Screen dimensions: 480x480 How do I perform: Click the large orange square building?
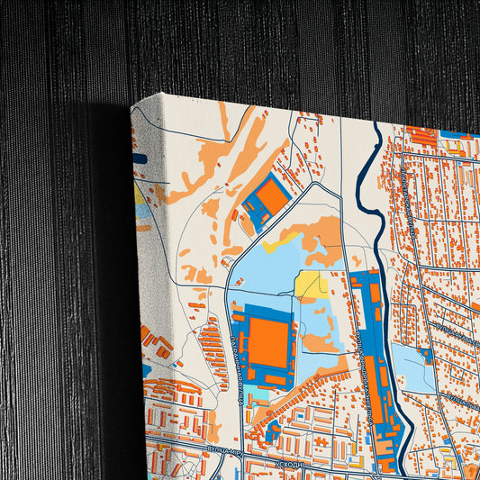pyautogui.click(x=267, y=342)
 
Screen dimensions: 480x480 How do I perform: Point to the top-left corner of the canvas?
pyautogui.click(x=131, y=105)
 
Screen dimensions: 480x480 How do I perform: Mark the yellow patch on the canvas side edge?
pyautogui.click(x=140, y=194)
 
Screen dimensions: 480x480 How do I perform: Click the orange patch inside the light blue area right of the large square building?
pyautogui.click(x=321, y=342)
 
